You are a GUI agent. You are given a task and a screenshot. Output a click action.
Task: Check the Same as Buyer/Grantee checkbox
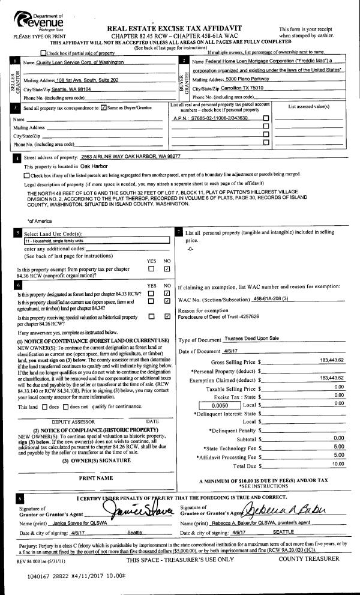point(105,108)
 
